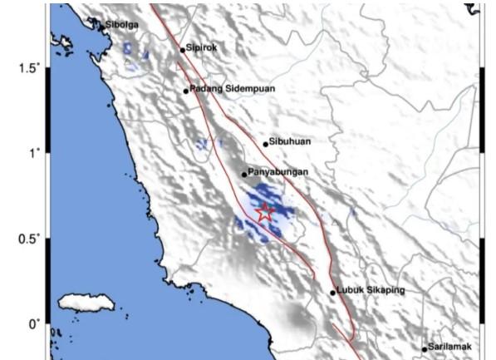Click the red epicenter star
click(264, 212)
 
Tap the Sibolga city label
click(121, 25)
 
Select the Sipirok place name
click(203, 48)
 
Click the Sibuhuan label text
click(292, 142)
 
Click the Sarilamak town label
click(450, 348)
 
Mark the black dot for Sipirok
click(183, 50)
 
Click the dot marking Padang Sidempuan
click(186, 91)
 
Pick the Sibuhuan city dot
click(266, 144)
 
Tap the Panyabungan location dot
click(244, 175)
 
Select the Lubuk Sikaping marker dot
click(332, 293)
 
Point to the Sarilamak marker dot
click(425, 349)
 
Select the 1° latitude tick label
click(32, 153)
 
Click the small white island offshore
click(86, 303)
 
